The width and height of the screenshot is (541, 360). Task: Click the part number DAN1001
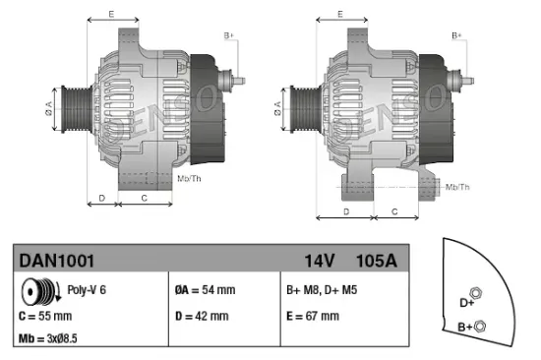click(56, 261)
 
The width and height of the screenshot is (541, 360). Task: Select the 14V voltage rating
click(320, 261)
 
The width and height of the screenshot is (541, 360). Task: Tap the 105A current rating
click(377, 261)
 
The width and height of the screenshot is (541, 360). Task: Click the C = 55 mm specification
click(45, 316)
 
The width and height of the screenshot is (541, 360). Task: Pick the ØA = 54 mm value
click(205, 290)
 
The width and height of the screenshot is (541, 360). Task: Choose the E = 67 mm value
click(313, 316)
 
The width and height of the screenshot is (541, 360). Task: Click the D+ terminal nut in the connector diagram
click(475, 292)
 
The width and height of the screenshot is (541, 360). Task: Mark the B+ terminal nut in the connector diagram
click(479, 324)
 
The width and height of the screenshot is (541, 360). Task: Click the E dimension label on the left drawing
click(111, 15)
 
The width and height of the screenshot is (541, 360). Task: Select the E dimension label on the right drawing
click(339, 15)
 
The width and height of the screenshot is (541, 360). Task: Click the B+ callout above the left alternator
click(229, 36)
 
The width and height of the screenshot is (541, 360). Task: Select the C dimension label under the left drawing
click(144, 198)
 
